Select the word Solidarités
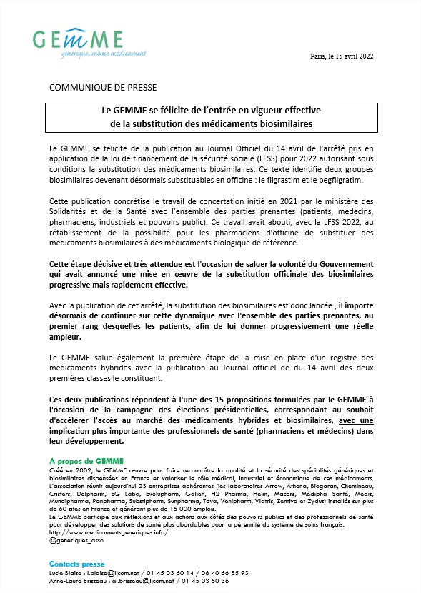click(x=70, y=213)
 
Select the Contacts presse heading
click(x=77, y=564)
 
